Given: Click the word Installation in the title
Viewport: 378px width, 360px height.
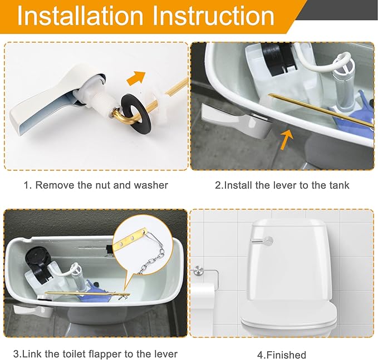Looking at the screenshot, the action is click(80, 16).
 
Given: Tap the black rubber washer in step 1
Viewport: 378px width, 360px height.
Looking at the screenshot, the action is click(133, 110).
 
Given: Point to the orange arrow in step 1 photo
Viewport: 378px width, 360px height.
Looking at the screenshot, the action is click(136, 77).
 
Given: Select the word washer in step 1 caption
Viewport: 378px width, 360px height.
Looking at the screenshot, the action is click(151, 185).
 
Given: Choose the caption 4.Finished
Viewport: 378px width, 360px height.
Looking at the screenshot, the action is click(282, 354).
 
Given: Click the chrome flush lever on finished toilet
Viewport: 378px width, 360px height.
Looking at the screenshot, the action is click(262, 240).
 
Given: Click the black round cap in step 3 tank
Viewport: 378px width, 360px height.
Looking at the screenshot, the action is click(35, 256).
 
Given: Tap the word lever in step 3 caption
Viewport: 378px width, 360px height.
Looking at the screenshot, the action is click(165, 354).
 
